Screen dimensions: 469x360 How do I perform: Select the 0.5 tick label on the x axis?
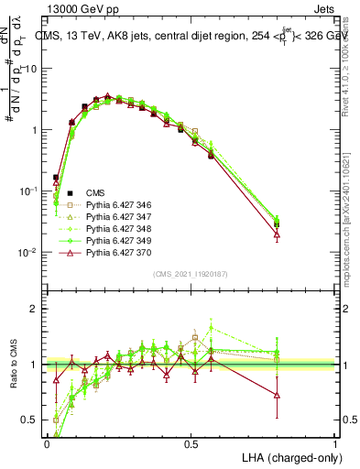191,443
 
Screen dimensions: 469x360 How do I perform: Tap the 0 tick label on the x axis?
48,443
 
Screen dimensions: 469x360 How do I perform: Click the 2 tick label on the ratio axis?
35,309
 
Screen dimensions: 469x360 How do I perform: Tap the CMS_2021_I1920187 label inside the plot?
191,274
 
